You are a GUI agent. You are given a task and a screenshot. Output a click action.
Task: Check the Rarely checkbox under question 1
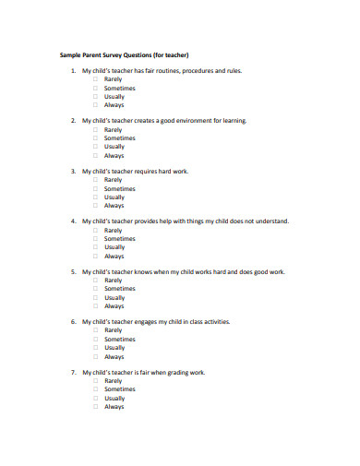95,79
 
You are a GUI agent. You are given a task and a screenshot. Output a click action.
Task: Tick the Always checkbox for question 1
95,104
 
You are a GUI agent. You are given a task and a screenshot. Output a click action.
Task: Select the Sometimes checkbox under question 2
95,138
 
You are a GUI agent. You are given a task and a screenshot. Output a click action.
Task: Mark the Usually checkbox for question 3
95,197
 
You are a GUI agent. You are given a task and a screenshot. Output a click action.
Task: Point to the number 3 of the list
73,172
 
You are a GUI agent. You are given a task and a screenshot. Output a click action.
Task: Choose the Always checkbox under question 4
95,256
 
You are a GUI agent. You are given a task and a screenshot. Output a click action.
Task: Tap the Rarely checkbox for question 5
95,281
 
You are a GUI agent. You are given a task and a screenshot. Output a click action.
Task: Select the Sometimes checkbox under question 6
95,340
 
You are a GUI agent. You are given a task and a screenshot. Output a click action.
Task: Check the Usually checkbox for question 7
95,399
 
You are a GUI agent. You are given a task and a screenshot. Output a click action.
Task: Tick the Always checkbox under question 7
95,407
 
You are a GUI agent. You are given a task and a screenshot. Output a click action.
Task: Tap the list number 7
73,373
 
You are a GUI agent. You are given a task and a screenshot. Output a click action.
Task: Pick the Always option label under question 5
114,306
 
